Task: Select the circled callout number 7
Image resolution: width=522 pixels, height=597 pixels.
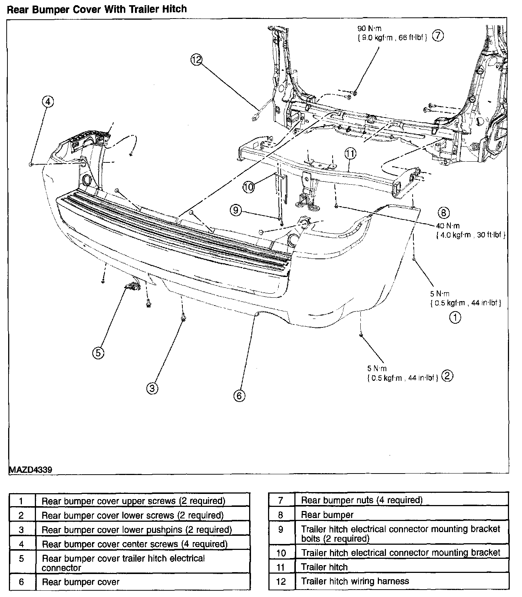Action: tap(438, 36)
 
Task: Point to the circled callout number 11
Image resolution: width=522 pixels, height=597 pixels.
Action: tap(350, 152)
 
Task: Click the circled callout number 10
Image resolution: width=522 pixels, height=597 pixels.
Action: tap(249, 187)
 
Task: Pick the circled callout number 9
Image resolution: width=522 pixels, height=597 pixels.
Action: tap(236, 211)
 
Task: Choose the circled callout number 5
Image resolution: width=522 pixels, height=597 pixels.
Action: tap(98, 353)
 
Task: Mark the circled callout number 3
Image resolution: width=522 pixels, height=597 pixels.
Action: tap(152, 388)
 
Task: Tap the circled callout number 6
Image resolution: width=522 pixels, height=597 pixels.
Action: tap(239, 396)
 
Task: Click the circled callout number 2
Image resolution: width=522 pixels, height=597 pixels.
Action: tap(447, 376)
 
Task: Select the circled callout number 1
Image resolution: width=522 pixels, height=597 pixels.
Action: tap(455, 317)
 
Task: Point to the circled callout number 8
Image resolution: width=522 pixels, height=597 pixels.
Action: tap(443, 212)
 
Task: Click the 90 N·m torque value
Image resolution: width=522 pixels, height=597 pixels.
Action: tap(369, 29)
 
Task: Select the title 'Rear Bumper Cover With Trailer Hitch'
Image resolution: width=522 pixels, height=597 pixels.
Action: tap(97, 9)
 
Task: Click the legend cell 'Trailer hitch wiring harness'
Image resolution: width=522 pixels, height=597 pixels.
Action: tap(355, 581)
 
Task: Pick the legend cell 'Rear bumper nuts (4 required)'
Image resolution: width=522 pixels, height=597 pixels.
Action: tap(361, 500)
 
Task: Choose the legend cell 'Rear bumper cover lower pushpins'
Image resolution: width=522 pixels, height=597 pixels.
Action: tap(136, 530)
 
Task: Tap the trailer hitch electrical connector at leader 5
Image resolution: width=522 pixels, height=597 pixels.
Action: tap(132, 286)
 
